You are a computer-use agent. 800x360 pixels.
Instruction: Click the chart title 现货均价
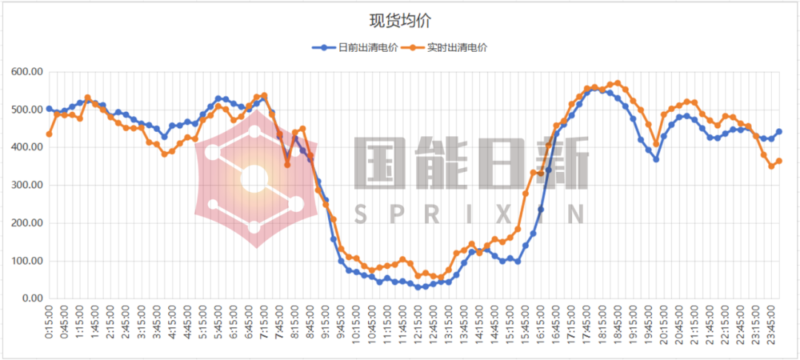tap(400, 20)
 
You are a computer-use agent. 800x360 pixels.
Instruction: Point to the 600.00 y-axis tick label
tap(27, 72)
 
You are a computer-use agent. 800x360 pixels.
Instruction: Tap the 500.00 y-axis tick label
tap(27, 110)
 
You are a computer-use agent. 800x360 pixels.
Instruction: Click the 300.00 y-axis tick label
tap(27, 185)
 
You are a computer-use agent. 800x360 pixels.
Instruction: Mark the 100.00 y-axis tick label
tap(27, 261)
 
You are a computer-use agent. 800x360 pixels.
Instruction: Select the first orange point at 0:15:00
tap(49, 134)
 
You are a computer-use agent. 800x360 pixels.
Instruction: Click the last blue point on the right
tap(779, 132)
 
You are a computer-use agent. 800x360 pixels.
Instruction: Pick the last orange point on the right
tap(779, 161)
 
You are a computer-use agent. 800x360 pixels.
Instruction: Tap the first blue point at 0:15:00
tap(49, 109)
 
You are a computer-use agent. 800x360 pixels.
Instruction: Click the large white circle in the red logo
tap(254, 179)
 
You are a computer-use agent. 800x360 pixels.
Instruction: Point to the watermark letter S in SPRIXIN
tap(361, 214)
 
